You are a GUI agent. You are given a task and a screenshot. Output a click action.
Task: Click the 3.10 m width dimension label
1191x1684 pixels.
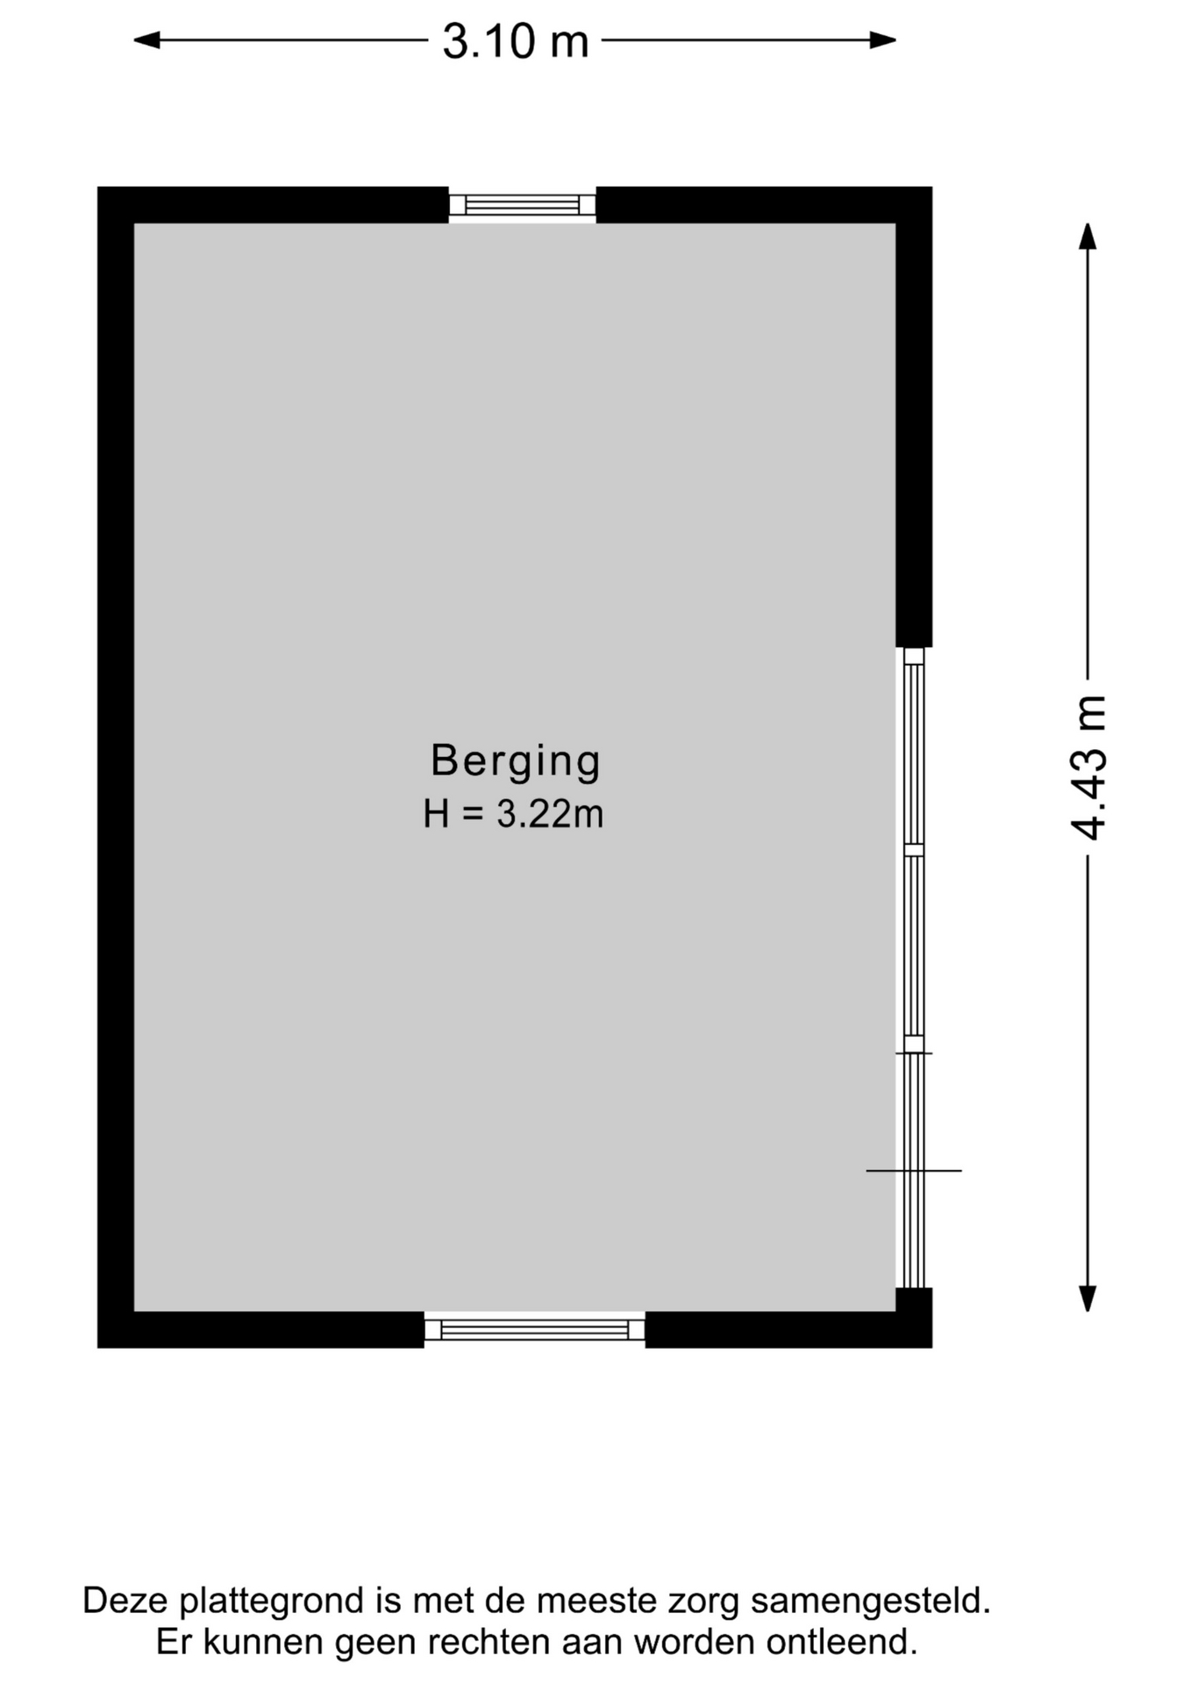click(x=515, y=41)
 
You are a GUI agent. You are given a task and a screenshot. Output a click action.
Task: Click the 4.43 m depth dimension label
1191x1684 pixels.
click(x=1088, y=767)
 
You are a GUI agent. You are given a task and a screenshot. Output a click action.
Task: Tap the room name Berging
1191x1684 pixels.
click(x=515, y=760)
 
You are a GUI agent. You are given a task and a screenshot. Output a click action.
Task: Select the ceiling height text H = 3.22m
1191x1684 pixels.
click(x=513, y=814)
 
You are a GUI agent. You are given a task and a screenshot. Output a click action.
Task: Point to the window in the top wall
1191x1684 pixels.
click(x=523, y=205)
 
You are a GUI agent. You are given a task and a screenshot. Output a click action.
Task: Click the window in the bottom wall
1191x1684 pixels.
click(x=535, y=1330)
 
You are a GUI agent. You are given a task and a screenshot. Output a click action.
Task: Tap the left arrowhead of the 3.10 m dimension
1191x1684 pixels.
click(x=146, y=39)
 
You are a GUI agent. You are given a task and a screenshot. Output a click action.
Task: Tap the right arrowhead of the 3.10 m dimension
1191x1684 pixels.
click(x=882, y=39)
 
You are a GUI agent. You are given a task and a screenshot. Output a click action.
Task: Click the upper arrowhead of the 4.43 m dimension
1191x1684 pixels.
click(x=1088, y=237)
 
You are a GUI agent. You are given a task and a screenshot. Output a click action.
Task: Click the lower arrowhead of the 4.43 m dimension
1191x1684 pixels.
click(x=1088, y=1298)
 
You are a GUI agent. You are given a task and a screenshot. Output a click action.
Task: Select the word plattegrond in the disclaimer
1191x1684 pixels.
click(x=273, y=1602)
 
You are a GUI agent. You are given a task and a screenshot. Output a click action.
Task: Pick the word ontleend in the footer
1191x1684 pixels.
click(x=841, y=1642)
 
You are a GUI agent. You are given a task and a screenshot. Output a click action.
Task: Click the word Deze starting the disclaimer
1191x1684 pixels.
click(x=126, y=1601)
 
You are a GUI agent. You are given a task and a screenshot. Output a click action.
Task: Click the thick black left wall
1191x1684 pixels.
click(x=116, y=767)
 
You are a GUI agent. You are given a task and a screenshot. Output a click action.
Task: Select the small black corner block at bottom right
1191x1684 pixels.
click(x=914, y=1317)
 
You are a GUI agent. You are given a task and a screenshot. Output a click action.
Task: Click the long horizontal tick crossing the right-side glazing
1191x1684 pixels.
click(x=914, y=1170)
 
